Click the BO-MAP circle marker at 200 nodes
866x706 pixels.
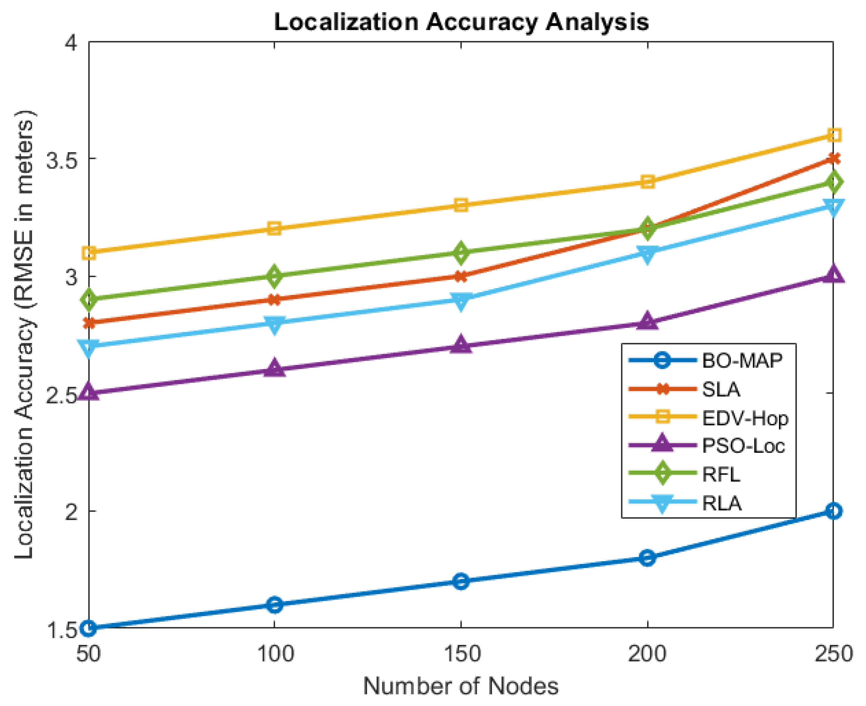click(x=647, y=558)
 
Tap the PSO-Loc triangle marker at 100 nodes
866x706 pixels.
click(x=275, y=368)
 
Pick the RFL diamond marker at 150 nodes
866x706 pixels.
click(x=461, y=252)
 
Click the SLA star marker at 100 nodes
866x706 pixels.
click(x=275, y=300)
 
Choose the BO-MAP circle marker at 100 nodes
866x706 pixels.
click(x=275, y=605)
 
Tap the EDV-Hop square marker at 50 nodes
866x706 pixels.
click(x=89, y=253)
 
